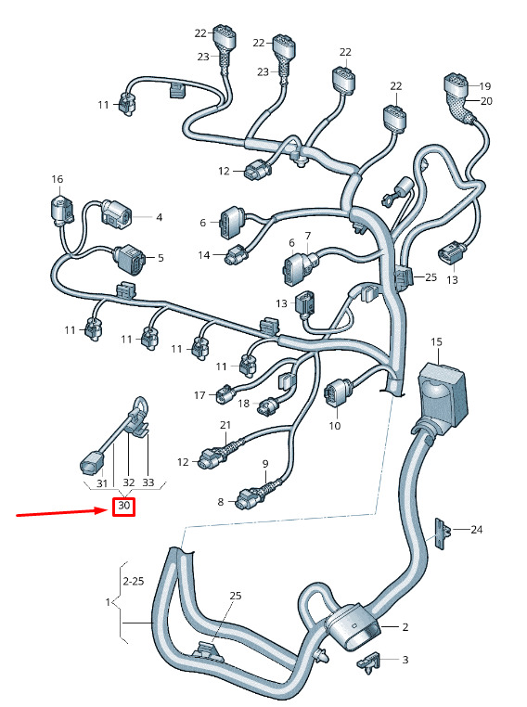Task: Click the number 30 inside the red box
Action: (124, 506)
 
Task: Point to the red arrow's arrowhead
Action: (104, 510)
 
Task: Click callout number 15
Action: (436, 342)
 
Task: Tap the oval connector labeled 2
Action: (353, 626)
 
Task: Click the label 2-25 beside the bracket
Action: (134, 581)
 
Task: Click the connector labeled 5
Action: (130, 259)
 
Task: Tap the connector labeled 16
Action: (60, 209)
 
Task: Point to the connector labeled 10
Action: (336, 393)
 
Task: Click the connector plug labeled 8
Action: (246, 498)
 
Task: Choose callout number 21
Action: (225, 425)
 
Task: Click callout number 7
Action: (308, 236)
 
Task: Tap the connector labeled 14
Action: (236, 255)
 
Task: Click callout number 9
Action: (265, 464)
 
